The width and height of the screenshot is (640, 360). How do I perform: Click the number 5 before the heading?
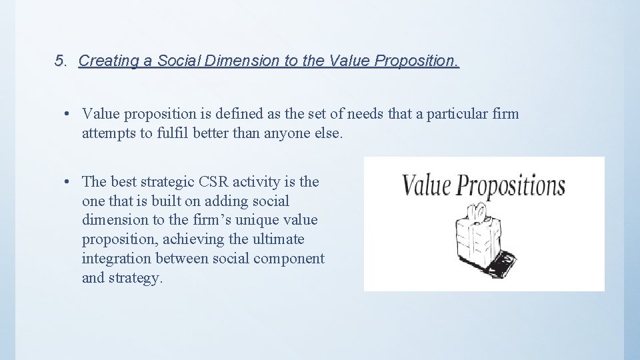pyautogui.click(x=59, y=61)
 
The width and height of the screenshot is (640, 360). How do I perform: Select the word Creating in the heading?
pyautogui.click(x=105, y=61)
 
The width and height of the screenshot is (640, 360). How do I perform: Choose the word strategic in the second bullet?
pyautogui.click(x=166, y=181)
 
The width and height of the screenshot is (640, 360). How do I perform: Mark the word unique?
pyautogui.click(x=261, y=220)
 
